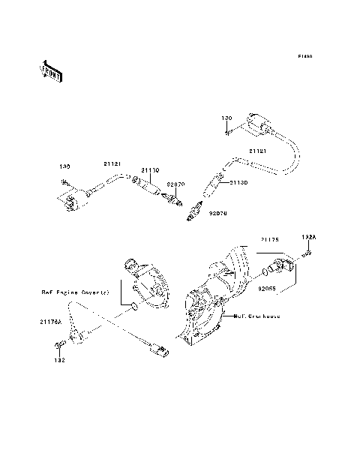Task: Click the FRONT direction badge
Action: (51, 70)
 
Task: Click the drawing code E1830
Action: (304, 56)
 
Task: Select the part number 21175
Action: (271, 239)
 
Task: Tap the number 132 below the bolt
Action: (59, 360)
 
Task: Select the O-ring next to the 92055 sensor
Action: (266, 269)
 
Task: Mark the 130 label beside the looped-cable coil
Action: (226, 119)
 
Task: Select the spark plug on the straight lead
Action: (176, 202)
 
